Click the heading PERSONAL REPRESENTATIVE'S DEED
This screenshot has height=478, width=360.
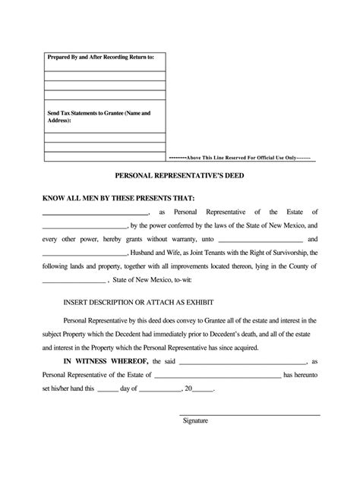[179, 175]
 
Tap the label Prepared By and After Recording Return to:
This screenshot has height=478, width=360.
[101, 57]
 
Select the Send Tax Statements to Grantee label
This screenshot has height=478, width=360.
[99, 116]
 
